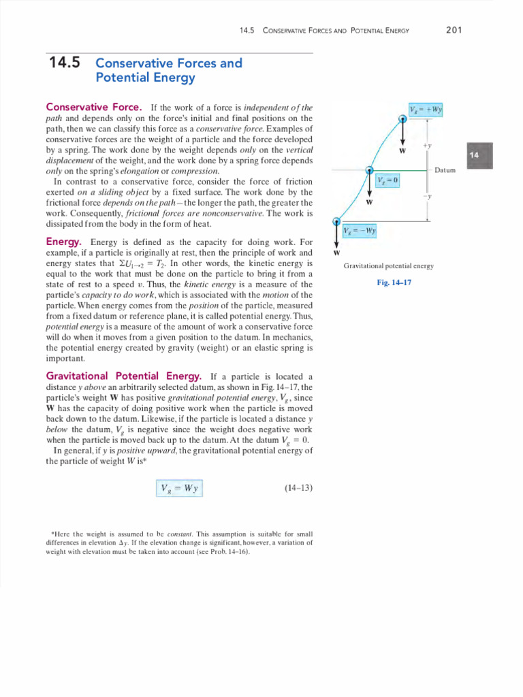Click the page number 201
(x=454, y=30)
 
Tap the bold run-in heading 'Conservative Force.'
(x=94, y=108)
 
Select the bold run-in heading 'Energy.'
(x=64, y=242)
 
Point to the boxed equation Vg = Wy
(x=179, y=488)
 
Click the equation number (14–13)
(x=298, y=488)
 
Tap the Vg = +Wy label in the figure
(x=426, y=109)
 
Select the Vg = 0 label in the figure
(x=387, y=179)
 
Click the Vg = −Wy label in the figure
(x=360, y=230)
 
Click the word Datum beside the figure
(x=445, y=170)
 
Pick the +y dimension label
(x=426, y=146)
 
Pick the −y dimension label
(x=426, y=196)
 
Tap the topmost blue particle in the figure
(x=402, y=118)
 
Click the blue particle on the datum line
(x=369, y=171)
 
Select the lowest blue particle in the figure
(x=336, y=221)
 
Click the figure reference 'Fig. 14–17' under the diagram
(x=394, y=282)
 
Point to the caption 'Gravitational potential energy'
(x=389, y=266)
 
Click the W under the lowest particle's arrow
(x=336, y=253)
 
